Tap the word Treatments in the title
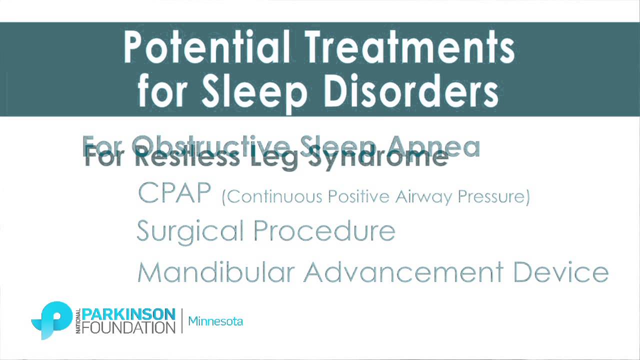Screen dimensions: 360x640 coord(410,47)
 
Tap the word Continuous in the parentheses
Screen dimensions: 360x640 coord(272,197)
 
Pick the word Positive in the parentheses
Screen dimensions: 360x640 coord(358,197)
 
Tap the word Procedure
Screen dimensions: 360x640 coord(324,230)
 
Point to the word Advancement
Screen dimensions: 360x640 coord(403,272)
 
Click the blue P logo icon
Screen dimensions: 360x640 coord(52,319)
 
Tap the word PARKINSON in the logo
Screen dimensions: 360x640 coord(128,314)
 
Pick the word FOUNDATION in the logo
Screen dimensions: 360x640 coord(128,327)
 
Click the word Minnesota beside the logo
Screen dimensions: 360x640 coord(215,321)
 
